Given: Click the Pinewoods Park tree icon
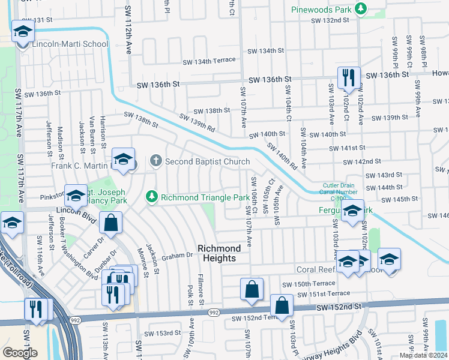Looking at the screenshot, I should pos(360,9).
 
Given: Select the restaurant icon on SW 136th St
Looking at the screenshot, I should pos(348,77).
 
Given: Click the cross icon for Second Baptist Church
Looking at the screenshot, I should pos(155,161).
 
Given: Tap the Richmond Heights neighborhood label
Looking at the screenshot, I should pos(220,253).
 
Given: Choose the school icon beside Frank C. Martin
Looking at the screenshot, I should pos(122,160).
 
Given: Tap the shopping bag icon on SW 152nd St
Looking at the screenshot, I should pos(282,305).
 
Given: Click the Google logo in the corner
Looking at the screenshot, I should pos(20,353).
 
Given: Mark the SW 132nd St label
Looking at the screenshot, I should pos(330,20).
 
